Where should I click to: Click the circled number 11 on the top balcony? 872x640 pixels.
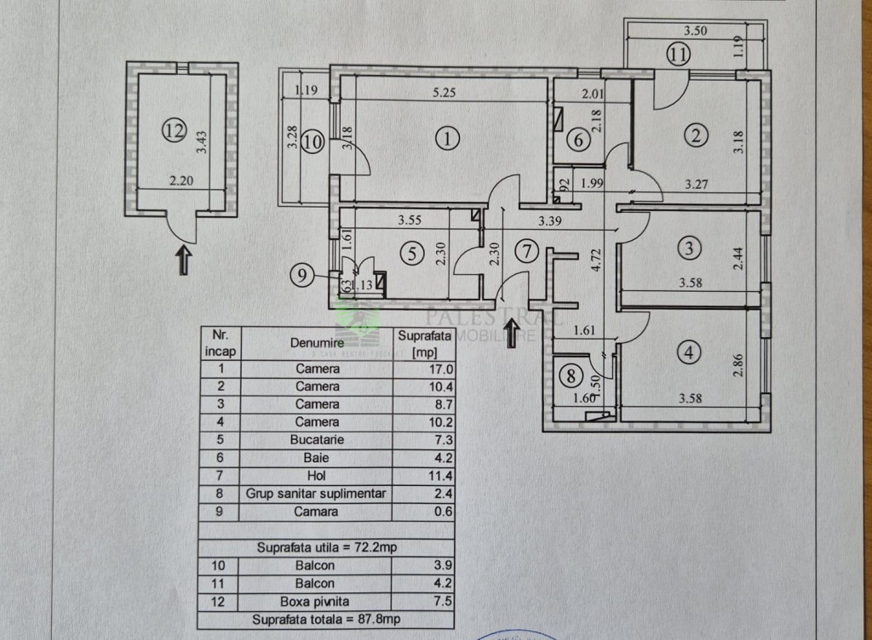678,56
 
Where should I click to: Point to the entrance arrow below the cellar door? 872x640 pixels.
184,259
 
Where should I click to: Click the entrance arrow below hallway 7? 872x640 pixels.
513,332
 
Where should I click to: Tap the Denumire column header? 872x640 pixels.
315,342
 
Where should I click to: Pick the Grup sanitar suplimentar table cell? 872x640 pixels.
316,494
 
